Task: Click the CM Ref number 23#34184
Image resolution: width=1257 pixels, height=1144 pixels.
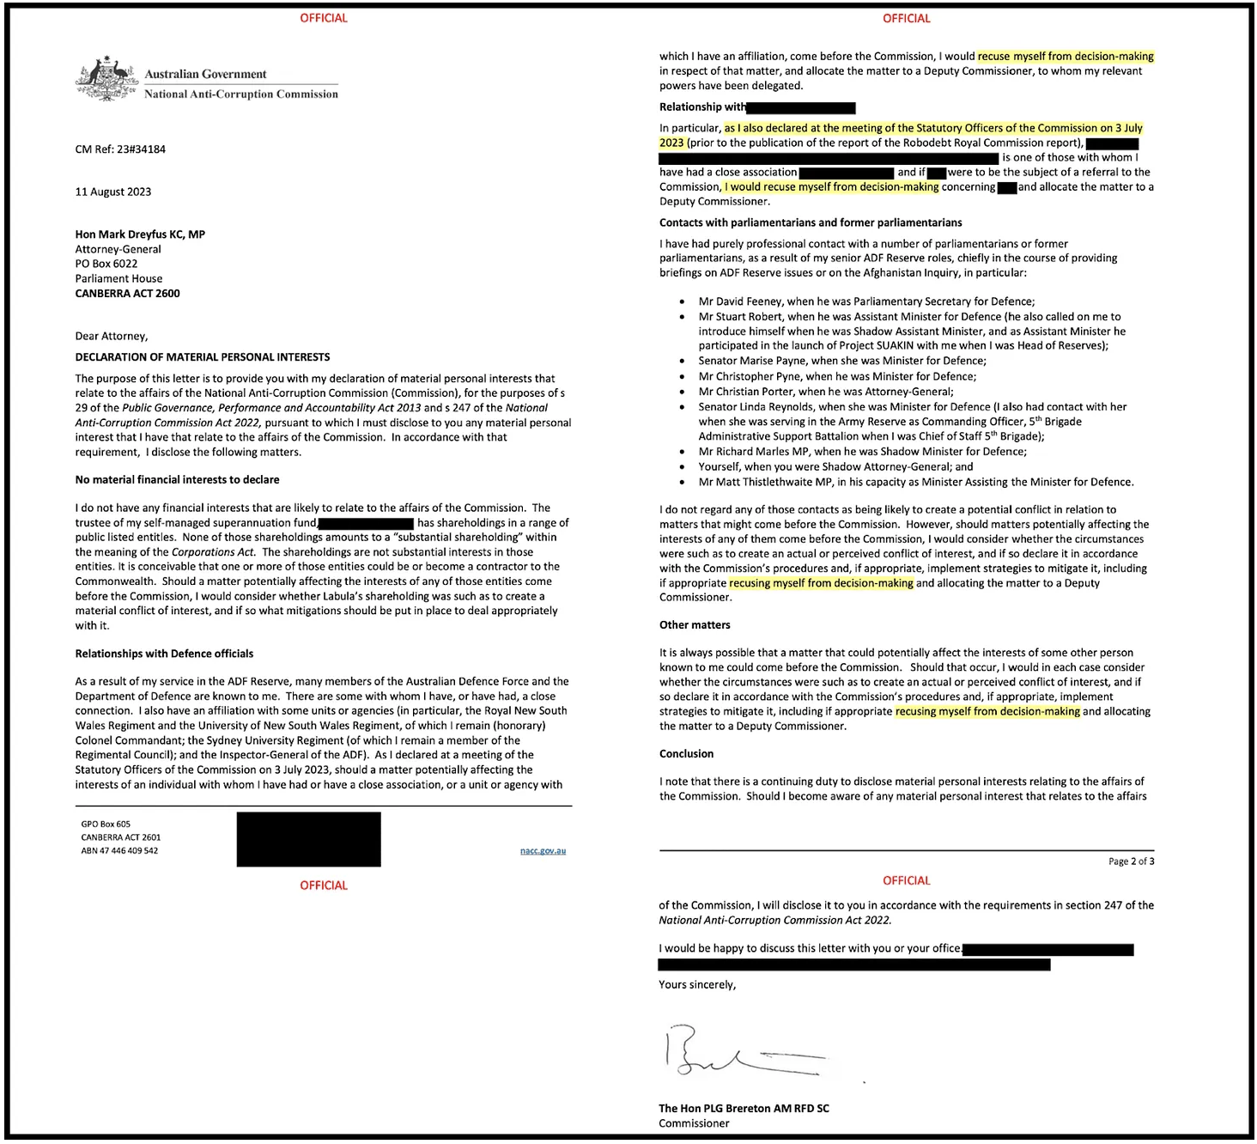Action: coord(120,149)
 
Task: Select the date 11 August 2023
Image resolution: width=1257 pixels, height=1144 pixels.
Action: coord(113,192)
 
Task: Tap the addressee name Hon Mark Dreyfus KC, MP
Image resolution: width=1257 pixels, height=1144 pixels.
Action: coord(140,234)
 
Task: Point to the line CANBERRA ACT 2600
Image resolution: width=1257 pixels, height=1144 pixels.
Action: coord(127,293)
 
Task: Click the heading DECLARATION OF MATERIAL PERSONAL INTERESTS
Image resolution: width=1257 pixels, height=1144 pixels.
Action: coord(203,357)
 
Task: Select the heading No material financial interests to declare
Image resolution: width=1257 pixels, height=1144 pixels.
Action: coord(177,480)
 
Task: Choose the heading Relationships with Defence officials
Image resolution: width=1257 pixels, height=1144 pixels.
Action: coord(164,654)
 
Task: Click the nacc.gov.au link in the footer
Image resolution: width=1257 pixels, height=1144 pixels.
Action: coord(543,851)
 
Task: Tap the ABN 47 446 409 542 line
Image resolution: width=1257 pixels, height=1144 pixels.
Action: coord(119,851)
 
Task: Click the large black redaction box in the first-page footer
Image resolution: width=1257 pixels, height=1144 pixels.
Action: coord(308,839)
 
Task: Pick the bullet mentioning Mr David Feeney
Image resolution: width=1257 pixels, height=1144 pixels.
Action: coord(866,301)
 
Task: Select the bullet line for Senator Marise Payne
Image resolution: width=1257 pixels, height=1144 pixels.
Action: coord(842,361)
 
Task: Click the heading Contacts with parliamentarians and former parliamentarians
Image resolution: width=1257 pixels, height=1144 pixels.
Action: coord(811,222)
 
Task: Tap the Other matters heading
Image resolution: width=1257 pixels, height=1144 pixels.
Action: coord(695,625)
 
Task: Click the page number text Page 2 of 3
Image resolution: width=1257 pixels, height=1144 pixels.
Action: coord(1131,861)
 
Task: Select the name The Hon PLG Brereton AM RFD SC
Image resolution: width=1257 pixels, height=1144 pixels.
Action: coord(744,1108)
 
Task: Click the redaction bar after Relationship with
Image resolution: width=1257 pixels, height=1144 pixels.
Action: coord(801,107)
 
